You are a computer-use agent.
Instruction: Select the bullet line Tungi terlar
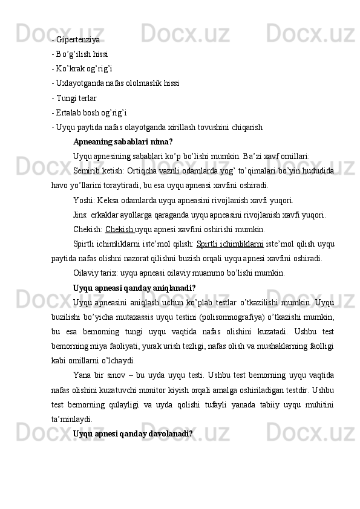point(74,98)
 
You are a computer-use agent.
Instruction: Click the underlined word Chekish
point(119,230)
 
